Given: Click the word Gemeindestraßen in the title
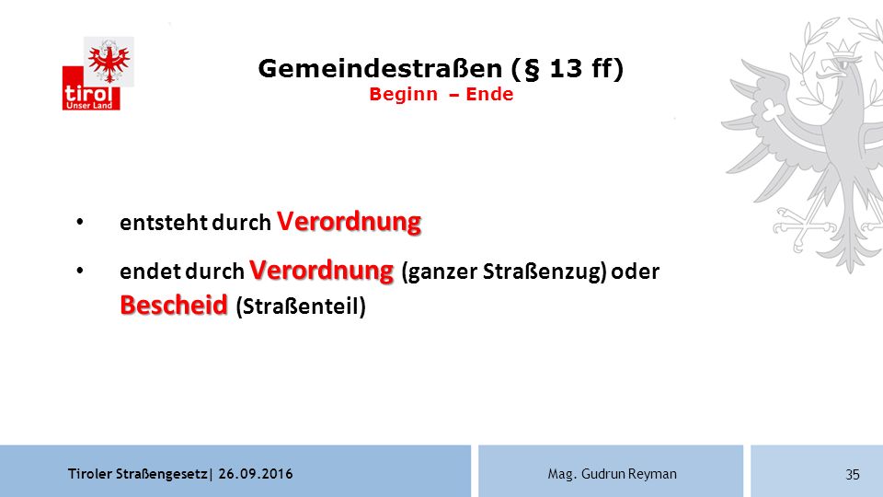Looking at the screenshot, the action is pos(380,69).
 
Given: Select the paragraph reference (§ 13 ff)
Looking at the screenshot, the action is pos(568,69).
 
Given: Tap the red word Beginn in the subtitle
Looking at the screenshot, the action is pos(403,94).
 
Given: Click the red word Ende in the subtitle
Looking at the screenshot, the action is pos(489,94).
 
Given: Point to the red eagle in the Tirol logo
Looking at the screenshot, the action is pos(109,62).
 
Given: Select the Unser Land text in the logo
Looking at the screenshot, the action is pos(89,105).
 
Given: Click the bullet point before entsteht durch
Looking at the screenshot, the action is pos(80,222).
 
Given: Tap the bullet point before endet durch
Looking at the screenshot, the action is pos(80,271).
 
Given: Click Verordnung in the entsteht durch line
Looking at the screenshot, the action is pos(350,222).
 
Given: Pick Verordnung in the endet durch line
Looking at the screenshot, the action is pos(322,271).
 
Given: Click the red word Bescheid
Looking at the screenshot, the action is pos(174,306).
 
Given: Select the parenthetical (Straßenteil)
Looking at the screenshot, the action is pos(301,306).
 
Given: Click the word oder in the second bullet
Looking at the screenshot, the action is pos(636,272).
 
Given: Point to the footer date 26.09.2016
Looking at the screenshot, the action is pos(256,474).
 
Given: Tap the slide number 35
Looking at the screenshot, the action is pos(853,475).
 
